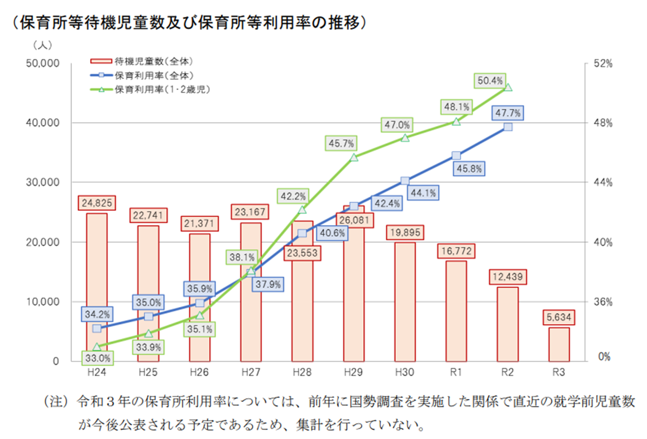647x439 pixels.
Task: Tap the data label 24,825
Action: [x=97, y=203]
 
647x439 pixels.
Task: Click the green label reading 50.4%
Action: [x=490, y=81]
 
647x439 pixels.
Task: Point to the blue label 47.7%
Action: [x=508, y=113]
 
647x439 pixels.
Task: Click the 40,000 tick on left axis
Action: [x=43, y=123]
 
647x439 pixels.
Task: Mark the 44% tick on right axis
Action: [x=603, y=182]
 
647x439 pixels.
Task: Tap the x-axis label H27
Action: [x=250, y=372]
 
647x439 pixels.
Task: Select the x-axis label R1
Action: [x=456, y=372]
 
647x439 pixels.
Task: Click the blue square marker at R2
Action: [x=508, y=127]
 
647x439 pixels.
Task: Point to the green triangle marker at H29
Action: [x=354, y=158]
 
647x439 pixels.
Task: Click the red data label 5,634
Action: [x=559, y=317]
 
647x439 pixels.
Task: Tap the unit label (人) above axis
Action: [x=43, y=45]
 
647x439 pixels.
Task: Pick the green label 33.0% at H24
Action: [x=97, y=358]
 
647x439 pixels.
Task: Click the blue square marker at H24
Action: [x=97, y=328]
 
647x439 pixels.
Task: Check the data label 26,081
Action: [x=354, y=220]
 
